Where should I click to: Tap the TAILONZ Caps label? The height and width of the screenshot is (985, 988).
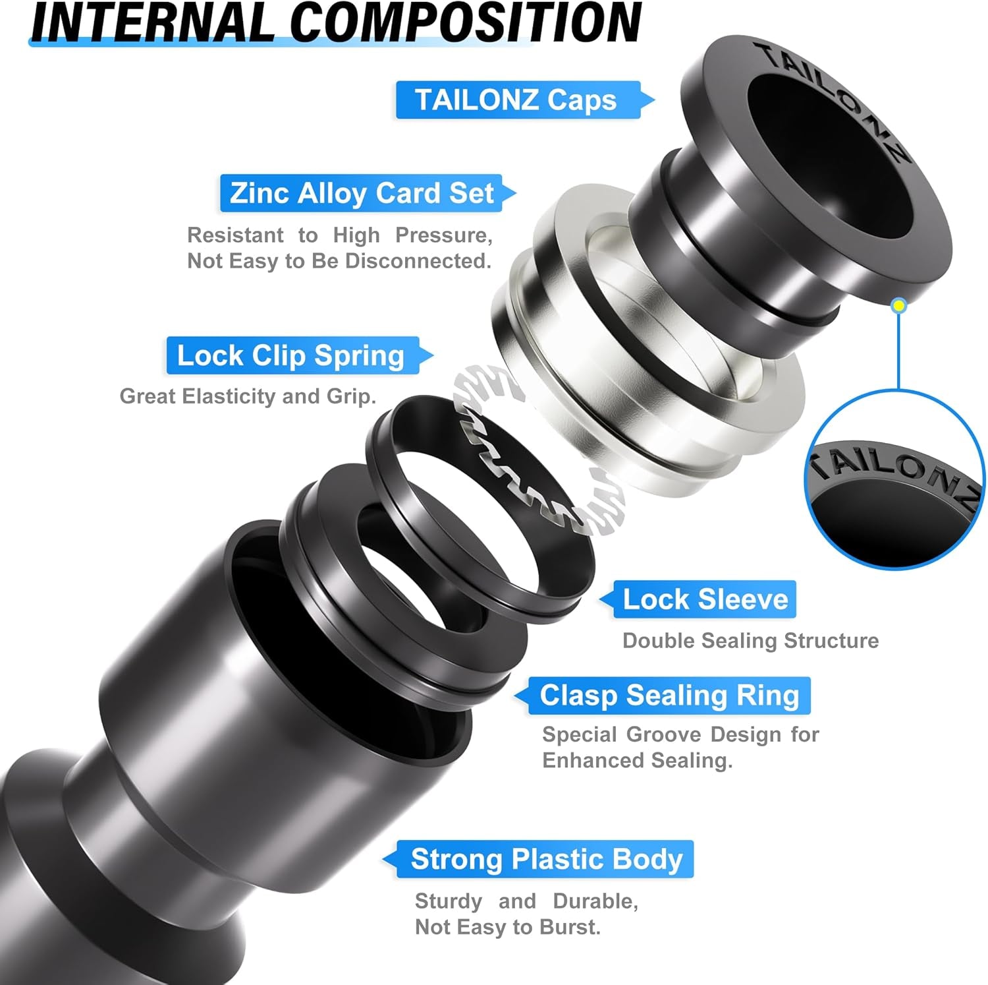point(516,100)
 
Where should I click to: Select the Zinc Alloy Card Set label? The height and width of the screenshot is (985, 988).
point(362,193)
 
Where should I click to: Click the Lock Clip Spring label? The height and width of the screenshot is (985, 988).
point(290,355)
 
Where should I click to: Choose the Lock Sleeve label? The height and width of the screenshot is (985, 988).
point(705,599)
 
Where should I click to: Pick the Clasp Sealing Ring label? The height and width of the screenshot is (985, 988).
point(669,696)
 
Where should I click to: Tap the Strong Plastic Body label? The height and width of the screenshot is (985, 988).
point(546,859)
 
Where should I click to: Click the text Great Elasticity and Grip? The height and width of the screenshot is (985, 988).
point(248,396)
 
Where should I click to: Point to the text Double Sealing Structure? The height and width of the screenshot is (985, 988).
point(750,641)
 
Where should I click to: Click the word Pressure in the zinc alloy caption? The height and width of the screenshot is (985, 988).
point(443,235)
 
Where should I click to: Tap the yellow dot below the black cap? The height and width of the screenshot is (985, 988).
point(899,305)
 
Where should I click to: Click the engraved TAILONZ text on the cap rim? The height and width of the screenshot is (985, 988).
point(837,99)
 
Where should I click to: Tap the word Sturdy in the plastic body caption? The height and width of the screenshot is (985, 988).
point(448,901)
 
